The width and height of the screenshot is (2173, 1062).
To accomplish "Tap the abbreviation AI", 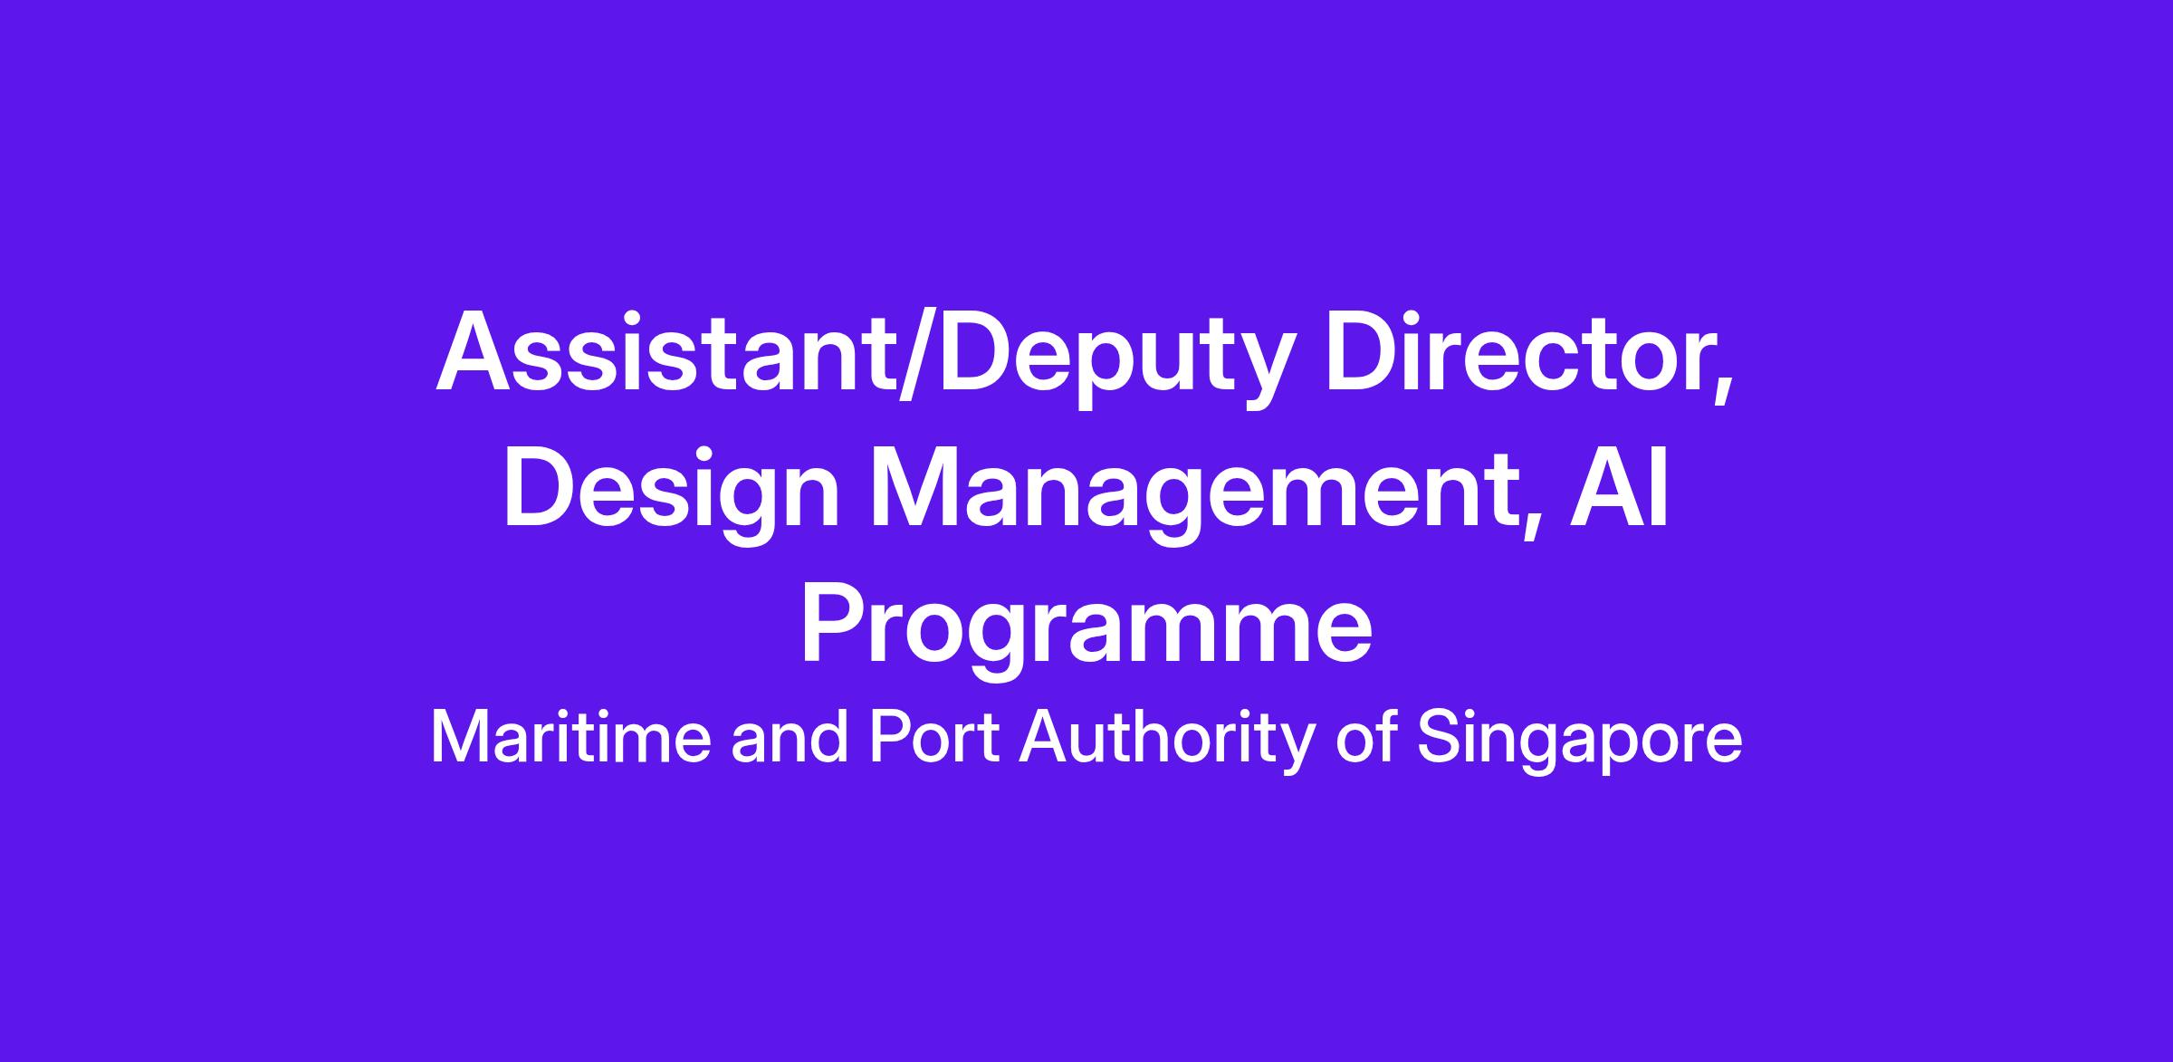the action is click(x=1619, y=487).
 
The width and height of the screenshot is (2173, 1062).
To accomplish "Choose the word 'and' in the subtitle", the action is click(x=790, y=738).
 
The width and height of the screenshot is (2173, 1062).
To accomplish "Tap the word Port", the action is click(x=934, y=738).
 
